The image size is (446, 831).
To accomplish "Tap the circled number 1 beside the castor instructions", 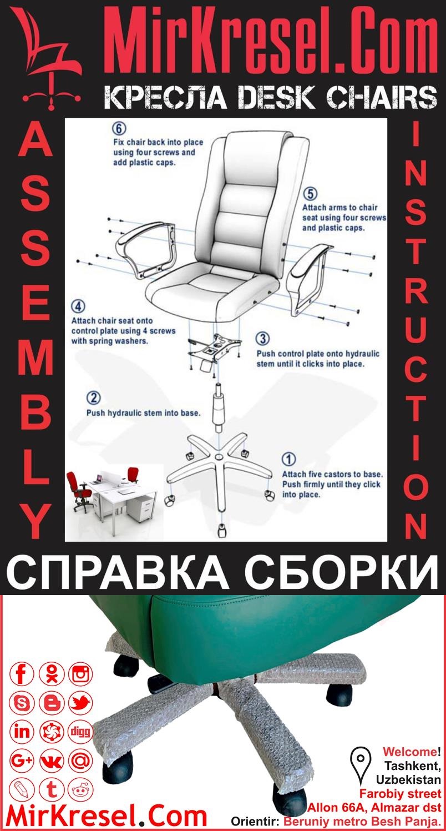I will click(x=289, y=459).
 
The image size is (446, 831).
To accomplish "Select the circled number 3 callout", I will click(x=263, y=339).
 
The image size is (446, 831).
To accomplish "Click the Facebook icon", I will click(x=22, y=674).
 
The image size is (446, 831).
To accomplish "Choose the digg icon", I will click(x=80, y=732).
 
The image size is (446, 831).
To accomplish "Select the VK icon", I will click(x=52, y=761).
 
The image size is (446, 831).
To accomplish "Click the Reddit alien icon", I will click(x=80, y=789).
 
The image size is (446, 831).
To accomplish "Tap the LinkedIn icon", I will click(x=22, y=732).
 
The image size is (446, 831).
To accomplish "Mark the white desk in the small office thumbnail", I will click(x=122, y=494).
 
